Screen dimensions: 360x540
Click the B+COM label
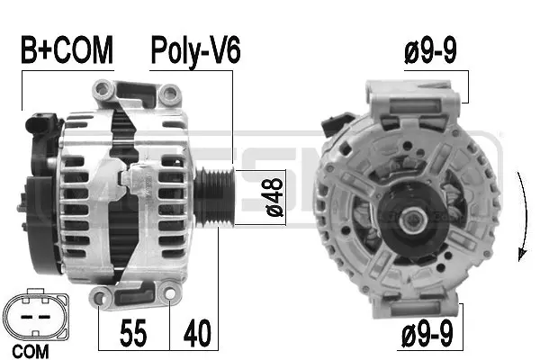click(67, 51)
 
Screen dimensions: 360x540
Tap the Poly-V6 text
click(195, 51)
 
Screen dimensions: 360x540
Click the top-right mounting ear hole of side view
click(167, 92)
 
